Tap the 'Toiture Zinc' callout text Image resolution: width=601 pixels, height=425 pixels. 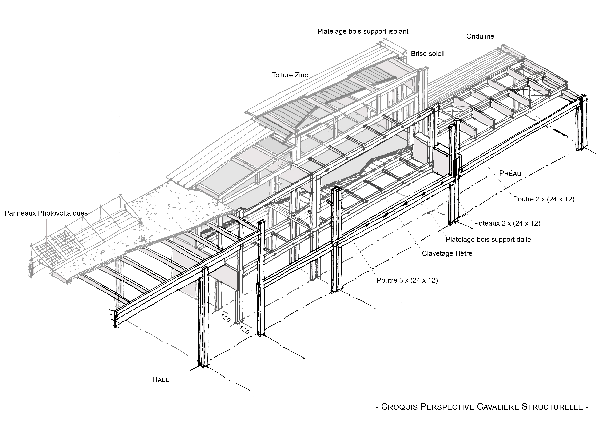pyautogui.click(x=290, y=75)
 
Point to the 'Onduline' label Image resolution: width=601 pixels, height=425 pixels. pyautogui.click(x=480, y=36)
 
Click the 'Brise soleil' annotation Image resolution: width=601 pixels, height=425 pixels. pyautogui.click(x=428, y=54)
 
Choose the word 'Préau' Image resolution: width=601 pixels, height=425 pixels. pyautogui.click(x=510, y=173)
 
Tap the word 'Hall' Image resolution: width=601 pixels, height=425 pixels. pyautogui.click(x=160, y=380)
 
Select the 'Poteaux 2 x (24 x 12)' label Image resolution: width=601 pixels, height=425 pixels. pyautogui.click(x=507, y=223)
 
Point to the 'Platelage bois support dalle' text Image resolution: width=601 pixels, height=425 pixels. pyautogui.click(x=488, y=240)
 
